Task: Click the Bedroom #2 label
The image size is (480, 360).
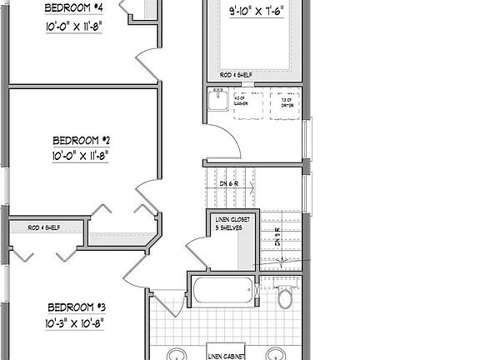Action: pyautogui.click(x=82, y=140)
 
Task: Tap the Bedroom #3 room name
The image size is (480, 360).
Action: pyautogui.click(x=75, y=306)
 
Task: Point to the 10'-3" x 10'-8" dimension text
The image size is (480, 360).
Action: pyautogui.click(x=75, y=322)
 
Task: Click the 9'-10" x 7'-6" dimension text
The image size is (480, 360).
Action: pyautogui.click(x=256, y=12)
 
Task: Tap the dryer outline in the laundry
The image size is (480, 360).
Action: pyautogui.click(x=285, y=103)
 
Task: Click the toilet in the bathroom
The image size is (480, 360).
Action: pyautogui.click(x=286, y=296)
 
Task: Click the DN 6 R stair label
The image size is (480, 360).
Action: pyautogui.click(x=227, y=183)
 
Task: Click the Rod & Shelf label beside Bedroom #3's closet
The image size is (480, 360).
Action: pyautogui.click(x=43, y=227)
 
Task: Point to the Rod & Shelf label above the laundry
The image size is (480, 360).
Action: pyautogui.click(x=236, y=75)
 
